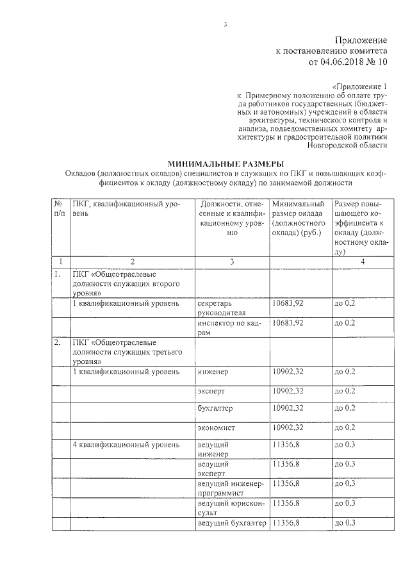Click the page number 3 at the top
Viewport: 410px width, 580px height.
(225, 26)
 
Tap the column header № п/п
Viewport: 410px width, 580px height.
(60, 208)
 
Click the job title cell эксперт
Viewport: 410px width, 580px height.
(211, 390)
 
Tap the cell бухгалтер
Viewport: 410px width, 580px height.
(215, 408)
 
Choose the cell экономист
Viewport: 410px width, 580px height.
(216, 427)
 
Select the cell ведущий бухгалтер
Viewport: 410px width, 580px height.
(231, 524)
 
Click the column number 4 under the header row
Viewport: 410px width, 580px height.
(363, 261)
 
